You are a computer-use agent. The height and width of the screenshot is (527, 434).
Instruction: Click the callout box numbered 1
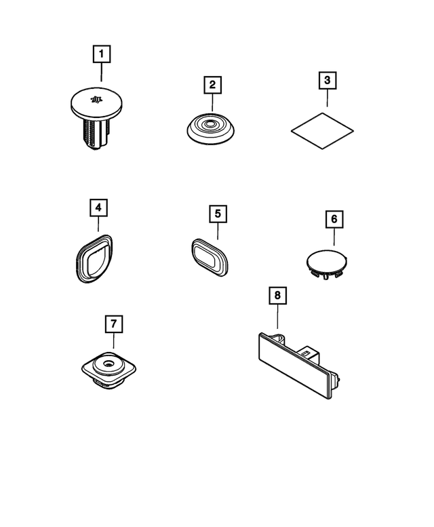(x=102, y=54)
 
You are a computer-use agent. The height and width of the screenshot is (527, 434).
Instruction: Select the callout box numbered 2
(x=212, y=85)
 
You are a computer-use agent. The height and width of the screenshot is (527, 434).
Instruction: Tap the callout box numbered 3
(x=328, y=80)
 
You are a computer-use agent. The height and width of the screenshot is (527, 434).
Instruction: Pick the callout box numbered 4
(x=98, y=208)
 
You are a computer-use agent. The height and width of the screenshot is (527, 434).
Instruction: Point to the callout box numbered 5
(x=218, y=214)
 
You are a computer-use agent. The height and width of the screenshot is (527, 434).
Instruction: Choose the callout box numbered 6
(x=334, y=219)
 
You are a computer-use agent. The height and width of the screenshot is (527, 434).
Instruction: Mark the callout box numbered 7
(x=113, y=324)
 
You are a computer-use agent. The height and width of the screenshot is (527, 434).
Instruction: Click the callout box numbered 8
(x=277, y=296)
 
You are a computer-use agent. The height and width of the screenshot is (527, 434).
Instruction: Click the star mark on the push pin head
(x=96, y=99)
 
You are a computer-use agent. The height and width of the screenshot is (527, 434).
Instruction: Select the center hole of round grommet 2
(x=210, y=124)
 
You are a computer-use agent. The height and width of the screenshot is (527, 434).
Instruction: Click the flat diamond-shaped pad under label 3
(x=322, y=131)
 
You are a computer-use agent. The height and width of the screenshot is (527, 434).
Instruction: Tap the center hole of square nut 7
(x=108, y=364)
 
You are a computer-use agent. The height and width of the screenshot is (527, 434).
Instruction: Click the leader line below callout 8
(x=277, y=316)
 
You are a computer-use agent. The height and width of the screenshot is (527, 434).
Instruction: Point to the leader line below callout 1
(x=102, y=72)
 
